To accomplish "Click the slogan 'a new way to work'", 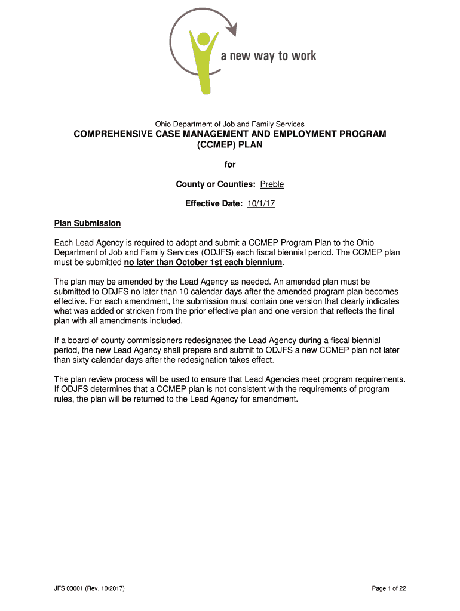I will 268,56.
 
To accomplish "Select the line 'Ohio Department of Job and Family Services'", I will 230,124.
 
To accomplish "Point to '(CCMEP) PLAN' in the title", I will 230,145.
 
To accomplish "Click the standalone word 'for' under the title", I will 230,165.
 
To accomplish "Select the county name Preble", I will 272,184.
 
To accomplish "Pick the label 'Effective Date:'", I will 213,204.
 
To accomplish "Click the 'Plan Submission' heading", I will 87,223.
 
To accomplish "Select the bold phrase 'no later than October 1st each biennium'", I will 203,263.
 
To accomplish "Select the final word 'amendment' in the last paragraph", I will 276,399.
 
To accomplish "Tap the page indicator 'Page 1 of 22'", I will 389,588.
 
